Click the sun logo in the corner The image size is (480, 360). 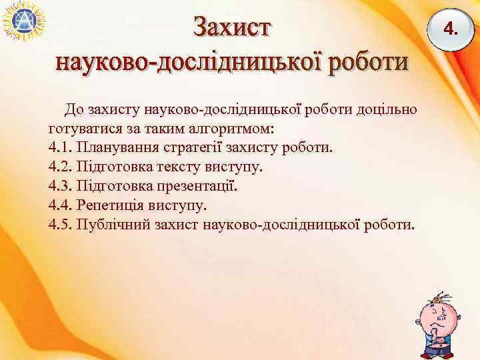[x=23, y=23]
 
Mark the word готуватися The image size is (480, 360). [x=81, y=127]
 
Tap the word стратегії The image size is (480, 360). [x=191, y=146]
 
